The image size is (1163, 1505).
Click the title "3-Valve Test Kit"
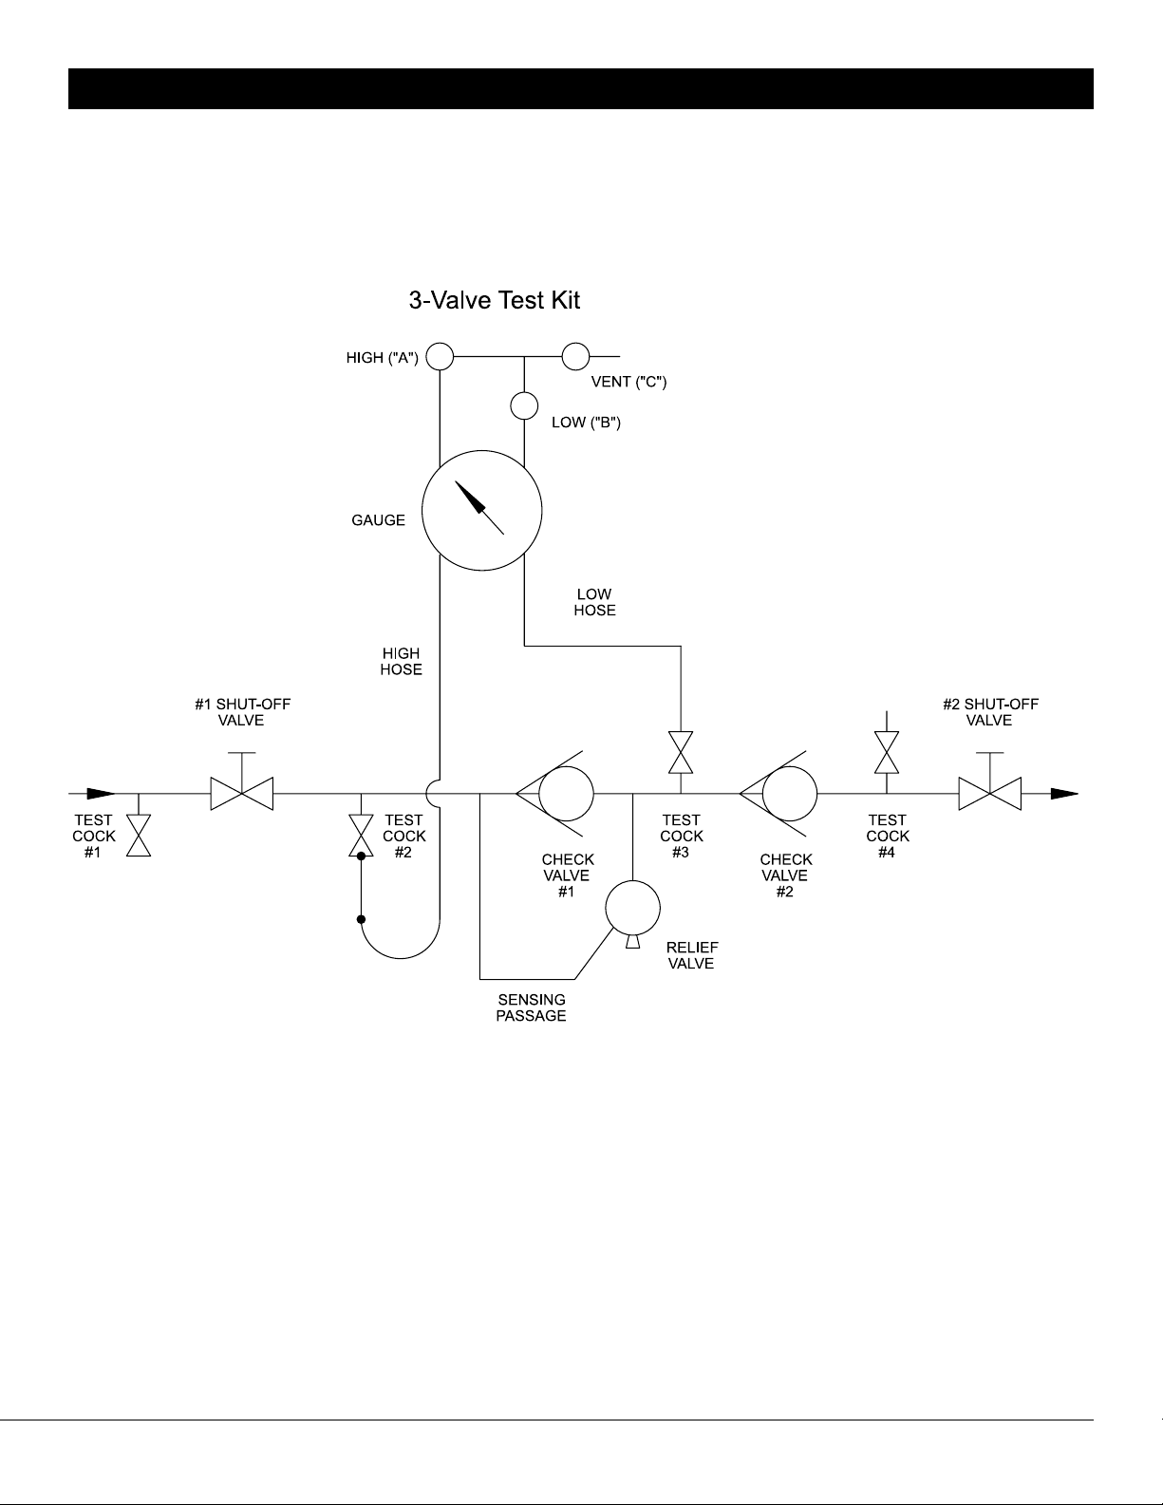495,300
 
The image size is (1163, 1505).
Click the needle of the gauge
479,508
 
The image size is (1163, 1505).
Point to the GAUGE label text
378,520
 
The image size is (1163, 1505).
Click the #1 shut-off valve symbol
241,794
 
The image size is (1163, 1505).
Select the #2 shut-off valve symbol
990,794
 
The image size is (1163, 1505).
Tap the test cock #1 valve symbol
139,836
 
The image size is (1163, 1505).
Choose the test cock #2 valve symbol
361,836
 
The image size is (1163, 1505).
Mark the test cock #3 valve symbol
681,752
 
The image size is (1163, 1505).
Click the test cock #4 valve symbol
887,752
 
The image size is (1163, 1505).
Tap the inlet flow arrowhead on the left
102,794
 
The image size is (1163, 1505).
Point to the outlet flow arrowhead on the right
1064,794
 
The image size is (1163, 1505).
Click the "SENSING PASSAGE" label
531,1007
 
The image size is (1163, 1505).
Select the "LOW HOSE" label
594,602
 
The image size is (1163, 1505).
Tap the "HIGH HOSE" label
401,662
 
